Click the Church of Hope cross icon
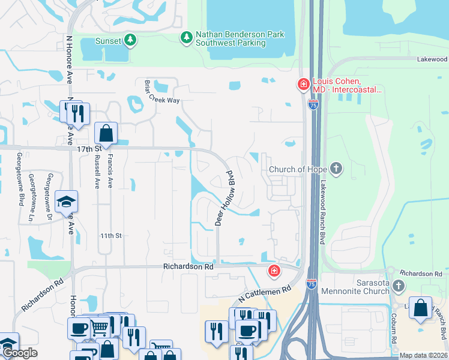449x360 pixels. (337, 169)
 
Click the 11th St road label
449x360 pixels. (111, 236)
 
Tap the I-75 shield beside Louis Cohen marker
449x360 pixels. (313, 104)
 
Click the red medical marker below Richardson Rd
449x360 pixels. (274, 271)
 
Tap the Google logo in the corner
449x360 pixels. (20, 353)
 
